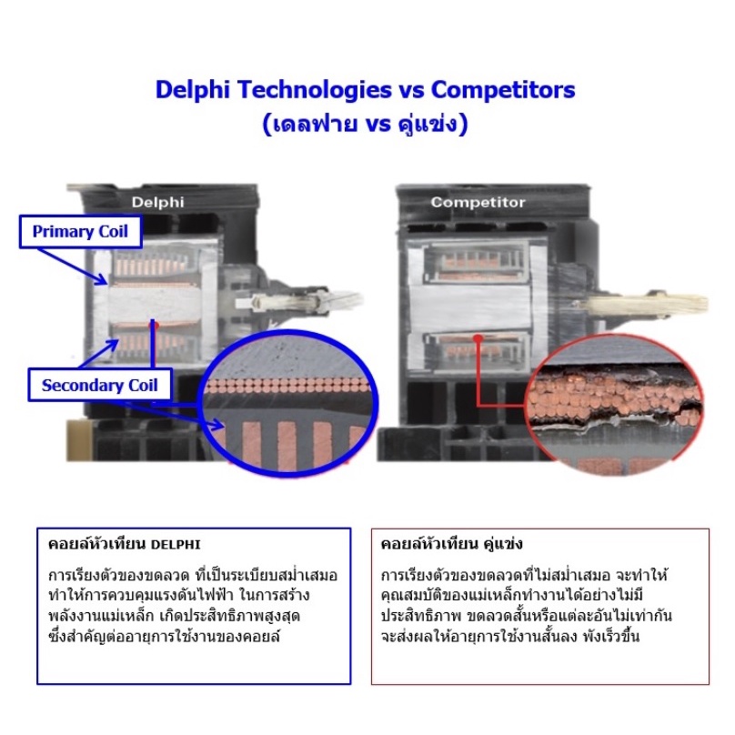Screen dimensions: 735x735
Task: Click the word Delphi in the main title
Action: pyautogui.click(x=193, y=90)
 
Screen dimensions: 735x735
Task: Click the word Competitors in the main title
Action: pyautogui.click(x=503, y=90)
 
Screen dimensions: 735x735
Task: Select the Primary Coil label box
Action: pyautogui.click(x=80, y=232)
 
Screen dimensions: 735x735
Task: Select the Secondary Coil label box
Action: pyautogui.click(x=100, y=386)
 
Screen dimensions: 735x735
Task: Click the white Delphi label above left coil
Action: pyautogui.click(x=157, y=203)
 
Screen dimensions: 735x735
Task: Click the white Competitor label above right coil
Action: pyautogui.click(x=478, y=203)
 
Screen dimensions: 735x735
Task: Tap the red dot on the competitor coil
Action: pyautogui.click(x=478, y=337)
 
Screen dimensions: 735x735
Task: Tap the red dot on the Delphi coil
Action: pyautogui.click(x=155, y=325)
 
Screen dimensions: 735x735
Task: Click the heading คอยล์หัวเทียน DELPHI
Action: pyautogui.click(x=125, y=544)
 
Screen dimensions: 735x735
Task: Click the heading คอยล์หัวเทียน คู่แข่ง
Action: pyautogui.click(x=451, y=544)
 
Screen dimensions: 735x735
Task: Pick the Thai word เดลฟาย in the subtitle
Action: pyautogui.click(x=315, y=124)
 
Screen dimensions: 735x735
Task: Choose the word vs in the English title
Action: pyautogui.click(x=411, y=90)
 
